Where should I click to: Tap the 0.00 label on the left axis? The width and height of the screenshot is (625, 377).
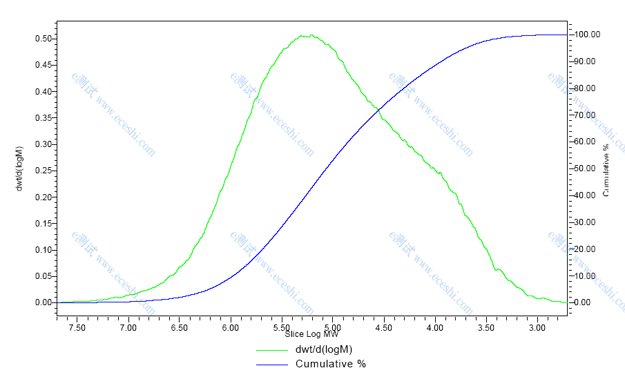(44, 302)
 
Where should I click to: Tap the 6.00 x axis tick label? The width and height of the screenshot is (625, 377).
(230, 327)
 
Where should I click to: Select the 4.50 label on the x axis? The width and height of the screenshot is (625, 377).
(383, 327)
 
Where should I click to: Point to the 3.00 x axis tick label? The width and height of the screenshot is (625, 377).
(537, 327)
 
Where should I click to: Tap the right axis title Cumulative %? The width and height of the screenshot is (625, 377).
(606, 170)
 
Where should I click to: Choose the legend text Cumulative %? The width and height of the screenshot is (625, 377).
(330, 364)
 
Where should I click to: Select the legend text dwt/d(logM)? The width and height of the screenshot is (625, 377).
(323, 349)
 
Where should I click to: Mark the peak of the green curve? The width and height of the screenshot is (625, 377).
(311, 35)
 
